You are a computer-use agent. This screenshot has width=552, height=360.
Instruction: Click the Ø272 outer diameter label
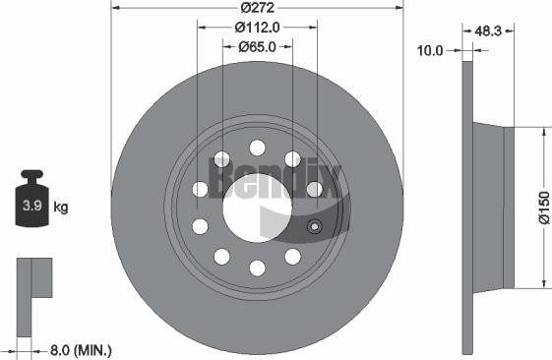coord(256,9)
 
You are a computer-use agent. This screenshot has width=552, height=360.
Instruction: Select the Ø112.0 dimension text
coord(257,28)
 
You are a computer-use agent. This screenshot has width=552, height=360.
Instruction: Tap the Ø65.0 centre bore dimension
coord(258,46)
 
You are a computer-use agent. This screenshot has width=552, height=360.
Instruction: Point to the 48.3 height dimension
coord(489,32)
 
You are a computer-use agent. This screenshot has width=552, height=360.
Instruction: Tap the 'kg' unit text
coord(60,208)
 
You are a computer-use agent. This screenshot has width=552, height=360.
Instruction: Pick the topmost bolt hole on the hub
coord(257,148)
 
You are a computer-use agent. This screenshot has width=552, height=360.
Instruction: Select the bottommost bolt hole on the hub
coord(257,268)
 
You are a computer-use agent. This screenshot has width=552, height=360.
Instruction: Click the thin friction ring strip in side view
coord(467,208)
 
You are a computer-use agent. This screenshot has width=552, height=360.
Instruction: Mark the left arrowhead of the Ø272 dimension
coord(112,9)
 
